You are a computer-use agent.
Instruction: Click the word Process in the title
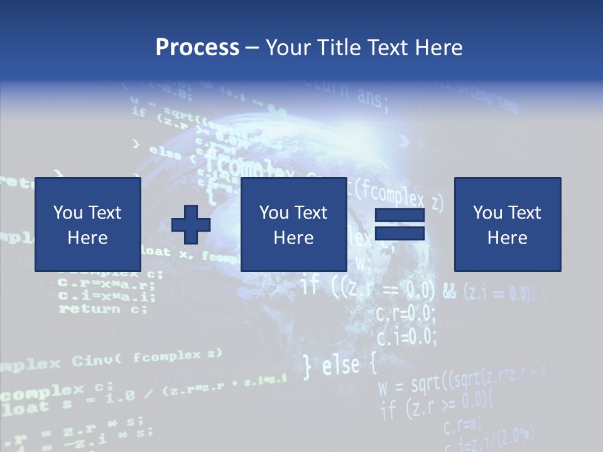click(197, 47)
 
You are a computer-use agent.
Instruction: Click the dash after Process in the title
click(253, 48)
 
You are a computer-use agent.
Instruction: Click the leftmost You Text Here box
click(87, 224)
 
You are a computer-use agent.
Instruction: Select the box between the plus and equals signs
click(293, 224)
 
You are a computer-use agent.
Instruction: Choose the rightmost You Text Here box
click(507, 224)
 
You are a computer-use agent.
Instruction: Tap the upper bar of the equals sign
click(399, 215)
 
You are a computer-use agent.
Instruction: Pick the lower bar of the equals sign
click(399, 233)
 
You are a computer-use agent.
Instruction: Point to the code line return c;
click(103, 308)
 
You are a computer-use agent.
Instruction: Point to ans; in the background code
click(373, 97)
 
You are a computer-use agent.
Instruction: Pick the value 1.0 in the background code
click(121, 396)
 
